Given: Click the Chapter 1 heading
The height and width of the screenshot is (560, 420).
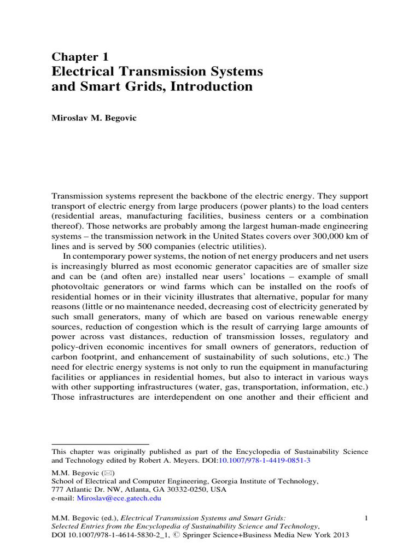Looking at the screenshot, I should coord(80,57).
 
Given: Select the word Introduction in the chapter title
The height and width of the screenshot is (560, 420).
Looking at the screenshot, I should coord(214,86).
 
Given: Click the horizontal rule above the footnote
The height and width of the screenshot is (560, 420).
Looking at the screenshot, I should coord(100,444).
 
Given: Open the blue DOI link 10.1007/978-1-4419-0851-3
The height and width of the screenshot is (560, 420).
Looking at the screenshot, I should coord(264,461).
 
